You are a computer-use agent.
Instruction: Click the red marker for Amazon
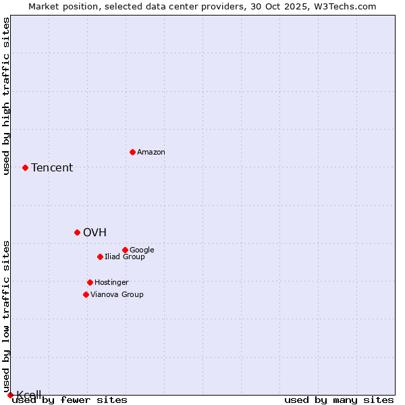132,152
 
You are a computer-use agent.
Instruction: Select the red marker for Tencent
25,167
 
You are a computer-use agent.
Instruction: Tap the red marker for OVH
77,232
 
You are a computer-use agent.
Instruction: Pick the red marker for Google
125,250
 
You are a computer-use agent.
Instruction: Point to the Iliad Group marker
100,256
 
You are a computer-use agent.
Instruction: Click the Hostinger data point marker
90,282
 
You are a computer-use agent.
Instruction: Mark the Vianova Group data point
86,294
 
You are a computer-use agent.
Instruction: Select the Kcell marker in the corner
10,395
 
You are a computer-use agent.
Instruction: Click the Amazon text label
151,153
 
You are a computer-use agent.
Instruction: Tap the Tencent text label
52,168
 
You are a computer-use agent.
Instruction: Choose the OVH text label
94,233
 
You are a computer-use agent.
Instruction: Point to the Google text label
142,250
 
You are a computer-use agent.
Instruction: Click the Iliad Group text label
125,257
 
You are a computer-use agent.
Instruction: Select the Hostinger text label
111,283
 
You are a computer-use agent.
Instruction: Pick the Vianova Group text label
117,295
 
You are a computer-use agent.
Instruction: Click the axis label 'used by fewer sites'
70,400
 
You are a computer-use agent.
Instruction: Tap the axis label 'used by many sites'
339,400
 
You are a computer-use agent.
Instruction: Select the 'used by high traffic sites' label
7,96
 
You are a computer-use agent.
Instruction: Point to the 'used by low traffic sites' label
7,316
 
